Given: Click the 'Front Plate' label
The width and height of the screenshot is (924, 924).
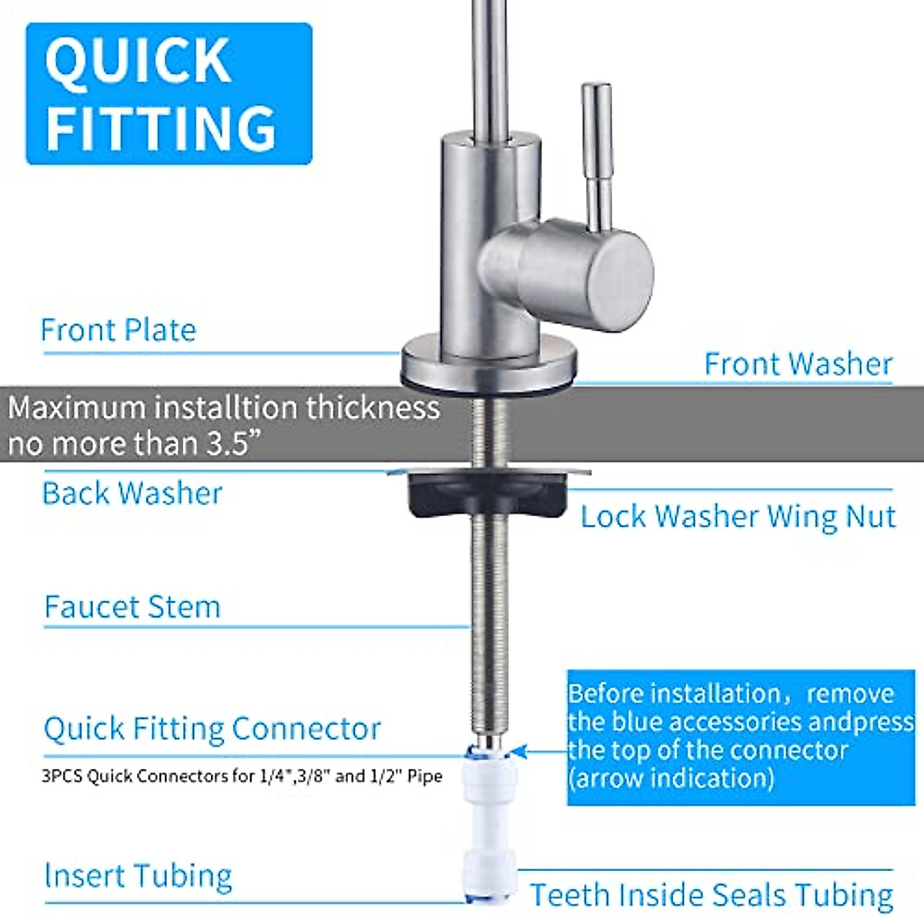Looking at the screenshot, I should point(118,330).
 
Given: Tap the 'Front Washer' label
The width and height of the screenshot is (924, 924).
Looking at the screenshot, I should point(798,364).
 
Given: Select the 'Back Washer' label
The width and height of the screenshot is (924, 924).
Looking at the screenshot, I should point(132,494).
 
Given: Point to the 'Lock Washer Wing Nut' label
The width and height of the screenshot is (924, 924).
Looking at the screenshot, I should point(738,517).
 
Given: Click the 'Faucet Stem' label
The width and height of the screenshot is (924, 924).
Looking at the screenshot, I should point(132,607).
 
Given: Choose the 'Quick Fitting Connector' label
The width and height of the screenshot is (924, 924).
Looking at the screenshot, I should point(213,728).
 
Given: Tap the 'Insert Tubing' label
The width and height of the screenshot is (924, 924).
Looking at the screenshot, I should point(138,876).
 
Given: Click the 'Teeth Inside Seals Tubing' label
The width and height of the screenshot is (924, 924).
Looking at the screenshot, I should point(711,896).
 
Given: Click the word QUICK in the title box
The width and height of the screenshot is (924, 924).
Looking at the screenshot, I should point(139,62).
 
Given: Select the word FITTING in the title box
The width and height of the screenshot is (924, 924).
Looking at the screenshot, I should point(161,128).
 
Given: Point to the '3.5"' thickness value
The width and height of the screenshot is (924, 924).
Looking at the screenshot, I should point(224,444).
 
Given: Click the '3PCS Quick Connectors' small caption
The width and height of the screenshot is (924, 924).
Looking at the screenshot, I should point(242,776).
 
